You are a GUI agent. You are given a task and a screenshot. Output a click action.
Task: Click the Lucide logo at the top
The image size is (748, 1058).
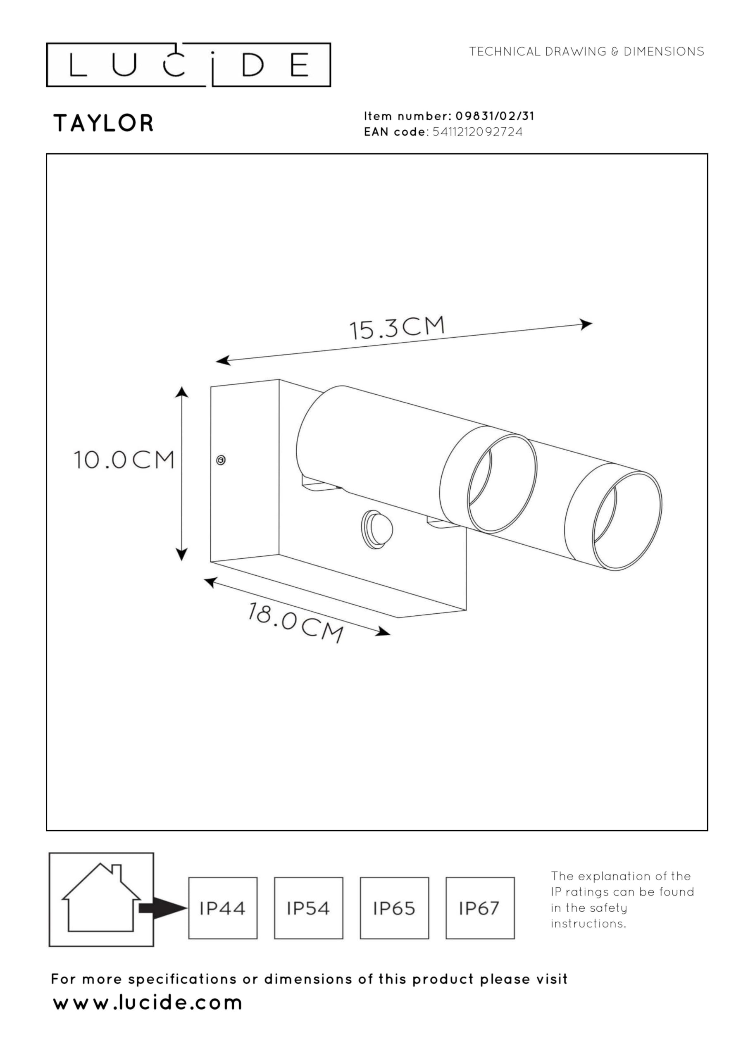[x=188, y=64]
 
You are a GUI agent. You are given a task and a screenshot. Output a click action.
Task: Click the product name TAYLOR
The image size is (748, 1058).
[x=104, y=124]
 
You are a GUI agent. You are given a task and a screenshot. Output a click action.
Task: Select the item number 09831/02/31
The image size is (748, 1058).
[x=495, y=116]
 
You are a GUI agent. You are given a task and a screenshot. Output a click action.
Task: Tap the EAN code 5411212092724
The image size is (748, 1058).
[x=477, y=132]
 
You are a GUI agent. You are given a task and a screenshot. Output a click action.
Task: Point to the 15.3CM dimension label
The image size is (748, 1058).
[x=397, y=327]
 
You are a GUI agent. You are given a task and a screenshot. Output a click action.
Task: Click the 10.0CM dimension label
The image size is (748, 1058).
[x=124, y=460]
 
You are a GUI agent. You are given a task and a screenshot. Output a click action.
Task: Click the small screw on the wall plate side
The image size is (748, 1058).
[x=221, y=460]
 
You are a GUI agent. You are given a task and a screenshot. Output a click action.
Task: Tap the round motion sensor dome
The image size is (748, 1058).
[x=376, y=529]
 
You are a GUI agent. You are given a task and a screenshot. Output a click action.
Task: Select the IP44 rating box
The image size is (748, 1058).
[x=223, y=908]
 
